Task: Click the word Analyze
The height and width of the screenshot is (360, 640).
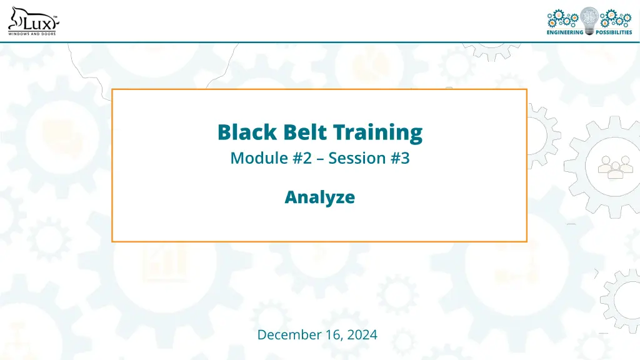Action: tap(320, 197)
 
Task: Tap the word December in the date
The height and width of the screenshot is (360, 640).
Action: tap(285, 335)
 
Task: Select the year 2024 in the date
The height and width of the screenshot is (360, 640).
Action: tap(362, 335)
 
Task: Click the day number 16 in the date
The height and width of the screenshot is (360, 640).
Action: tap(329, 335)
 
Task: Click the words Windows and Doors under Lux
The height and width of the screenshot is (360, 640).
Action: tap(31, 34)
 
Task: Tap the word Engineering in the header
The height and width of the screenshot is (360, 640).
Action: tap(565, 32)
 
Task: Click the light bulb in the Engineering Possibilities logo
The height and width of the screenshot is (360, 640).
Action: tap(589, 19)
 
